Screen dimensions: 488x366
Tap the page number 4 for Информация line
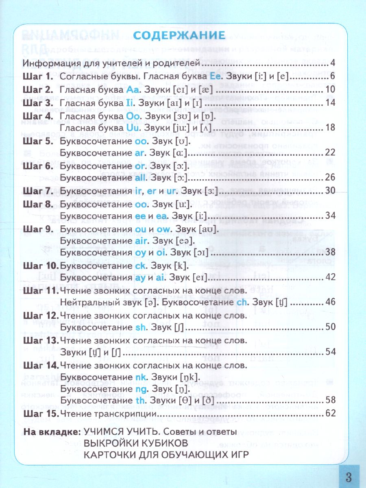click(332, 63)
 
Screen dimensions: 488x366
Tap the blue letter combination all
click(144, 178)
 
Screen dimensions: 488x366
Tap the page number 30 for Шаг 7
click(330, 190)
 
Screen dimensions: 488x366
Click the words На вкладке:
click(51, 431)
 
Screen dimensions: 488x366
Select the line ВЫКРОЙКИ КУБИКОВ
click(135, 442)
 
